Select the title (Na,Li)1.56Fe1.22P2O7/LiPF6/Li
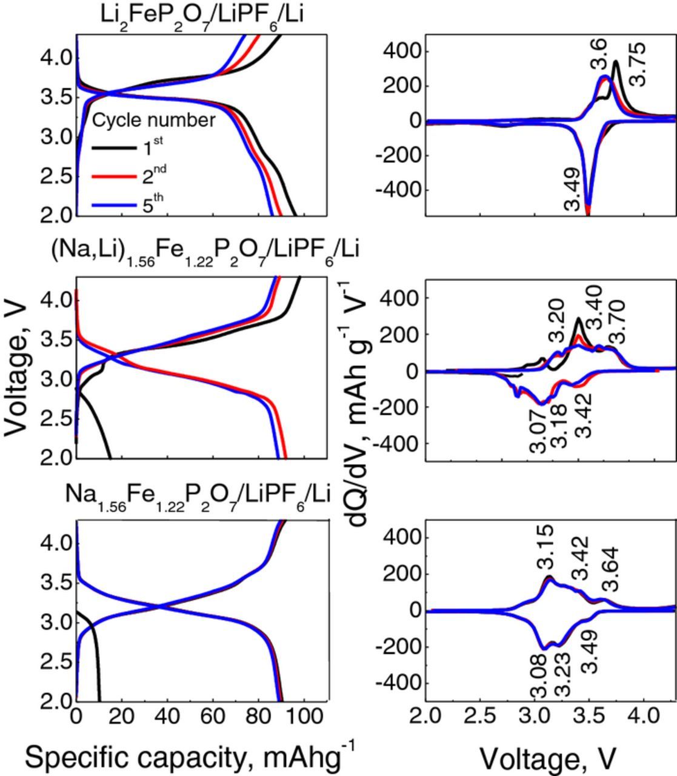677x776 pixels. [x=205, y=250]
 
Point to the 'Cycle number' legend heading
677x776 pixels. [x=153, y=120]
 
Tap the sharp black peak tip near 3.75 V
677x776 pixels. [x=616, y=61]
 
